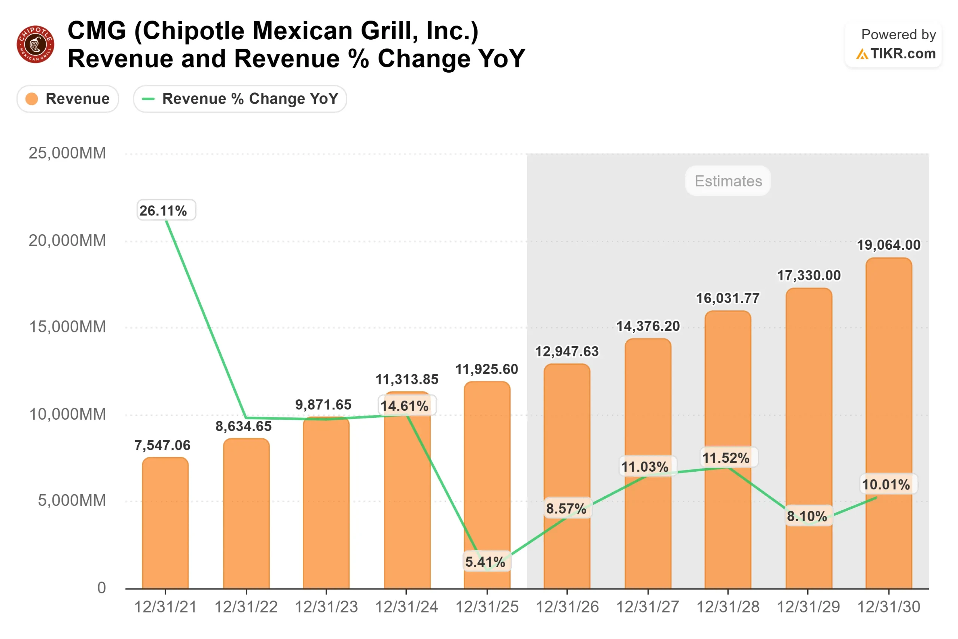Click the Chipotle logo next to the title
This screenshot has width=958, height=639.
coord(36,44)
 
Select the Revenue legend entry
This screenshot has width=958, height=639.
coord(68,98)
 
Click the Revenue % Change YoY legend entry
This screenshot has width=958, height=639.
coord(240,98)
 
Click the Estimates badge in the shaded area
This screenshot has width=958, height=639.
coord(728,181)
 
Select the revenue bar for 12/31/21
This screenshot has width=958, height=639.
coord(165,526)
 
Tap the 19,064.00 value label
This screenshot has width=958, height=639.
coord(888,245)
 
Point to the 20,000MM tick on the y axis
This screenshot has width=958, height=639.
coord(67,240)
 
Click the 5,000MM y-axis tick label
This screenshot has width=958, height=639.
coord(72,500)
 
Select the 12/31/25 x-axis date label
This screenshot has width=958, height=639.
coord(487,607)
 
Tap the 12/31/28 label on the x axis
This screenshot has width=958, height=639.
coord(728,607)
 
